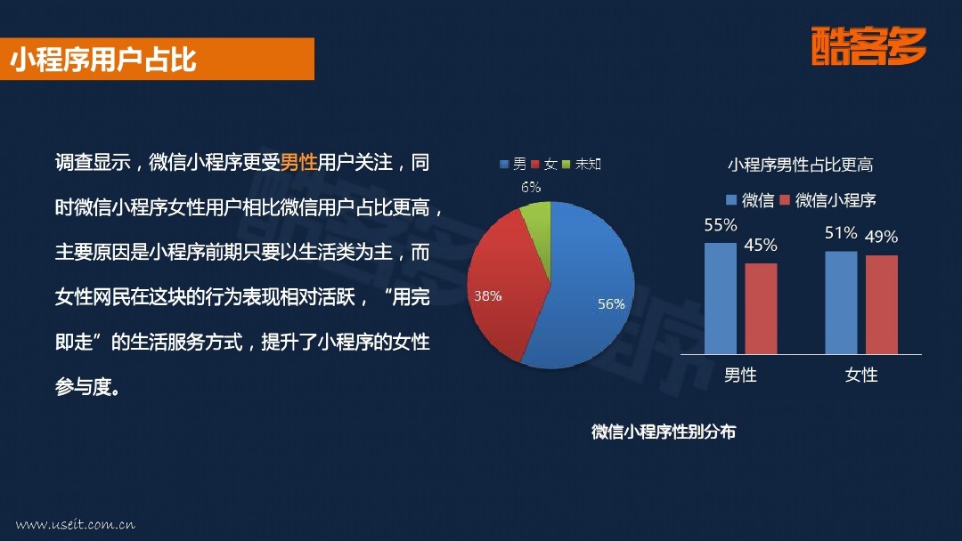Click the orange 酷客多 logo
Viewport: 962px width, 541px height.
[868, 46]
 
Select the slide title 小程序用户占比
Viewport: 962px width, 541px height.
[103, 60]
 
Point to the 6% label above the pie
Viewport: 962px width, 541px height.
[531, 187]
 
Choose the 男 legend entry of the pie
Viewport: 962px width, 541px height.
[513, 165]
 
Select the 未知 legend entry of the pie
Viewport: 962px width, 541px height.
[582, 165]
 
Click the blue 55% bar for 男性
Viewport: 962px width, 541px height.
[721, 298]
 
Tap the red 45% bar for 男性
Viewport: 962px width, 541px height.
[761, 309]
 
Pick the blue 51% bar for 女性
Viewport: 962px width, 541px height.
[841, 303]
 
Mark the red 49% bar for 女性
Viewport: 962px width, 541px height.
[882, 304]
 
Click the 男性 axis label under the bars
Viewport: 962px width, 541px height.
[740, 375]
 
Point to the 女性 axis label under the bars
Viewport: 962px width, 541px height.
[861, 375]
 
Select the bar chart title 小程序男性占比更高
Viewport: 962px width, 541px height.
[800, 165]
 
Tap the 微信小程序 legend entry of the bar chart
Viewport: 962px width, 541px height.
[827, 199]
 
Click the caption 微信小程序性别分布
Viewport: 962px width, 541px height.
[664, 432]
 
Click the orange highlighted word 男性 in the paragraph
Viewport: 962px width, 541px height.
[298, 162]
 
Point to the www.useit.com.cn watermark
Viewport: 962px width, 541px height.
[76, 524]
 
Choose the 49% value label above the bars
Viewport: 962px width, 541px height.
[882, 237]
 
